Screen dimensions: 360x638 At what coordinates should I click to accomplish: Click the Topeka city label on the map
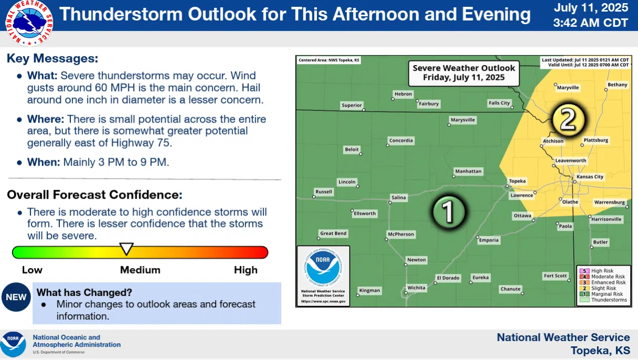coord(517,181)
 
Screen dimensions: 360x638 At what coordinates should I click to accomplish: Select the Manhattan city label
coord(468,171)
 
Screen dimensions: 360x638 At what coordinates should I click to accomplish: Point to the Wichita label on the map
coord(416,287)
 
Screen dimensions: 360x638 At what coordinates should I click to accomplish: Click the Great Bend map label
coord(333,233)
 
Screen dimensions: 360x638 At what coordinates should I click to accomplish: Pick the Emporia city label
coord(488,240)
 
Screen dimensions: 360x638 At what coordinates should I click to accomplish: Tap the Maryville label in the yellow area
coord(568,87)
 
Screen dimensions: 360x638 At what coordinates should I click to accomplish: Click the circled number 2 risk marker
coord(568,120)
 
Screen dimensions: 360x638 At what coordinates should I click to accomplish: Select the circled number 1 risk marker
coord(447,211)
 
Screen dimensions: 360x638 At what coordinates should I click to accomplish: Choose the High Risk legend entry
coord(602,271)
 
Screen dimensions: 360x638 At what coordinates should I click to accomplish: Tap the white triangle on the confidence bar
coord(127,249)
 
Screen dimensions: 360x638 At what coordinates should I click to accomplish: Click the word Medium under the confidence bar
coord(140,270)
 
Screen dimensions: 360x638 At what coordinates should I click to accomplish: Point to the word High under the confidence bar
coord(245,270)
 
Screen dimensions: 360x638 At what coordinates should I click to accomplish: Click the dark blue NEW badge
coord(16,297)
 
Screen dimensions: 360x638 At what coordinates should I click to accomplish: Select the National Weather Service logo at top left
coord(29,22)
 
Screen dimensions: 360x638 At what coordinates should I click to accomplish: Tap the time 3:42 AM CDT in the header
coord(590,23)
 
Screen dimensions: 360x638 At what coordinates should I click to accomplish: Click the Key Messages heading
coord(53,58)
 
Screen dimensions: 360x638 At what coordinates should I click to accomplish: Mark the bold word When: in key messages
coord(44,162)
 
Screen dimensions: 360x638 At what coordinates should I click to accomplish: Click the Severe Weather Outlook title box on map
coord(464,73)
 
